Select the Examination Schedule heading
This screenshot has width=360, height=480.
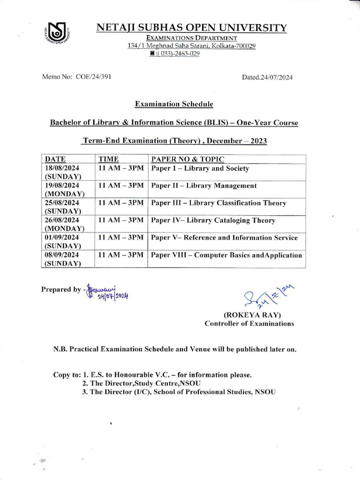pyautogui.click(x=174, y=104)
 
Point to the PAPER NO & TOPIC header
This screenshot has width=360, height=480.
pyautogui.click(x=187, y=159)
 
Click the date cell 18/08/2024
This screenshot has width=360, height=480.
pyautogui.click(x=62, y=168)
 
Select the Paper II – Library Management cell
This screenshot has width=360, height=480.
pyautogui.click(x=204, y=186)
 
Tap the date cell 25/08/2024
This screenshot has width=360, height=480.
pyautogui.click(x=62, y=203)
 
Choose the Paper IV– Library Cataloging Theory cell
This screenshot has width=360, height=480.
pyautogui.click(x=213, y=220)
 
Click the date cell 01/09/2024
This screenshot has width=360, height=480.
pyautogui.click(x=62, y=238)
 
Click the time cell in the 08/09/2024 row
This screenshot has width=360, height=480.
pyautogui.click(x=120, y=255)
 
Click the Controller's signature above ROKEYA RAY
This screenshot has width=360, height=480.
pyautogui.click(x=261, y=296)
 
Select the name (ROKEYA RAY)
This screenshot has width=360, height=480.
pyautogui.click(x=249, y=315)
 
